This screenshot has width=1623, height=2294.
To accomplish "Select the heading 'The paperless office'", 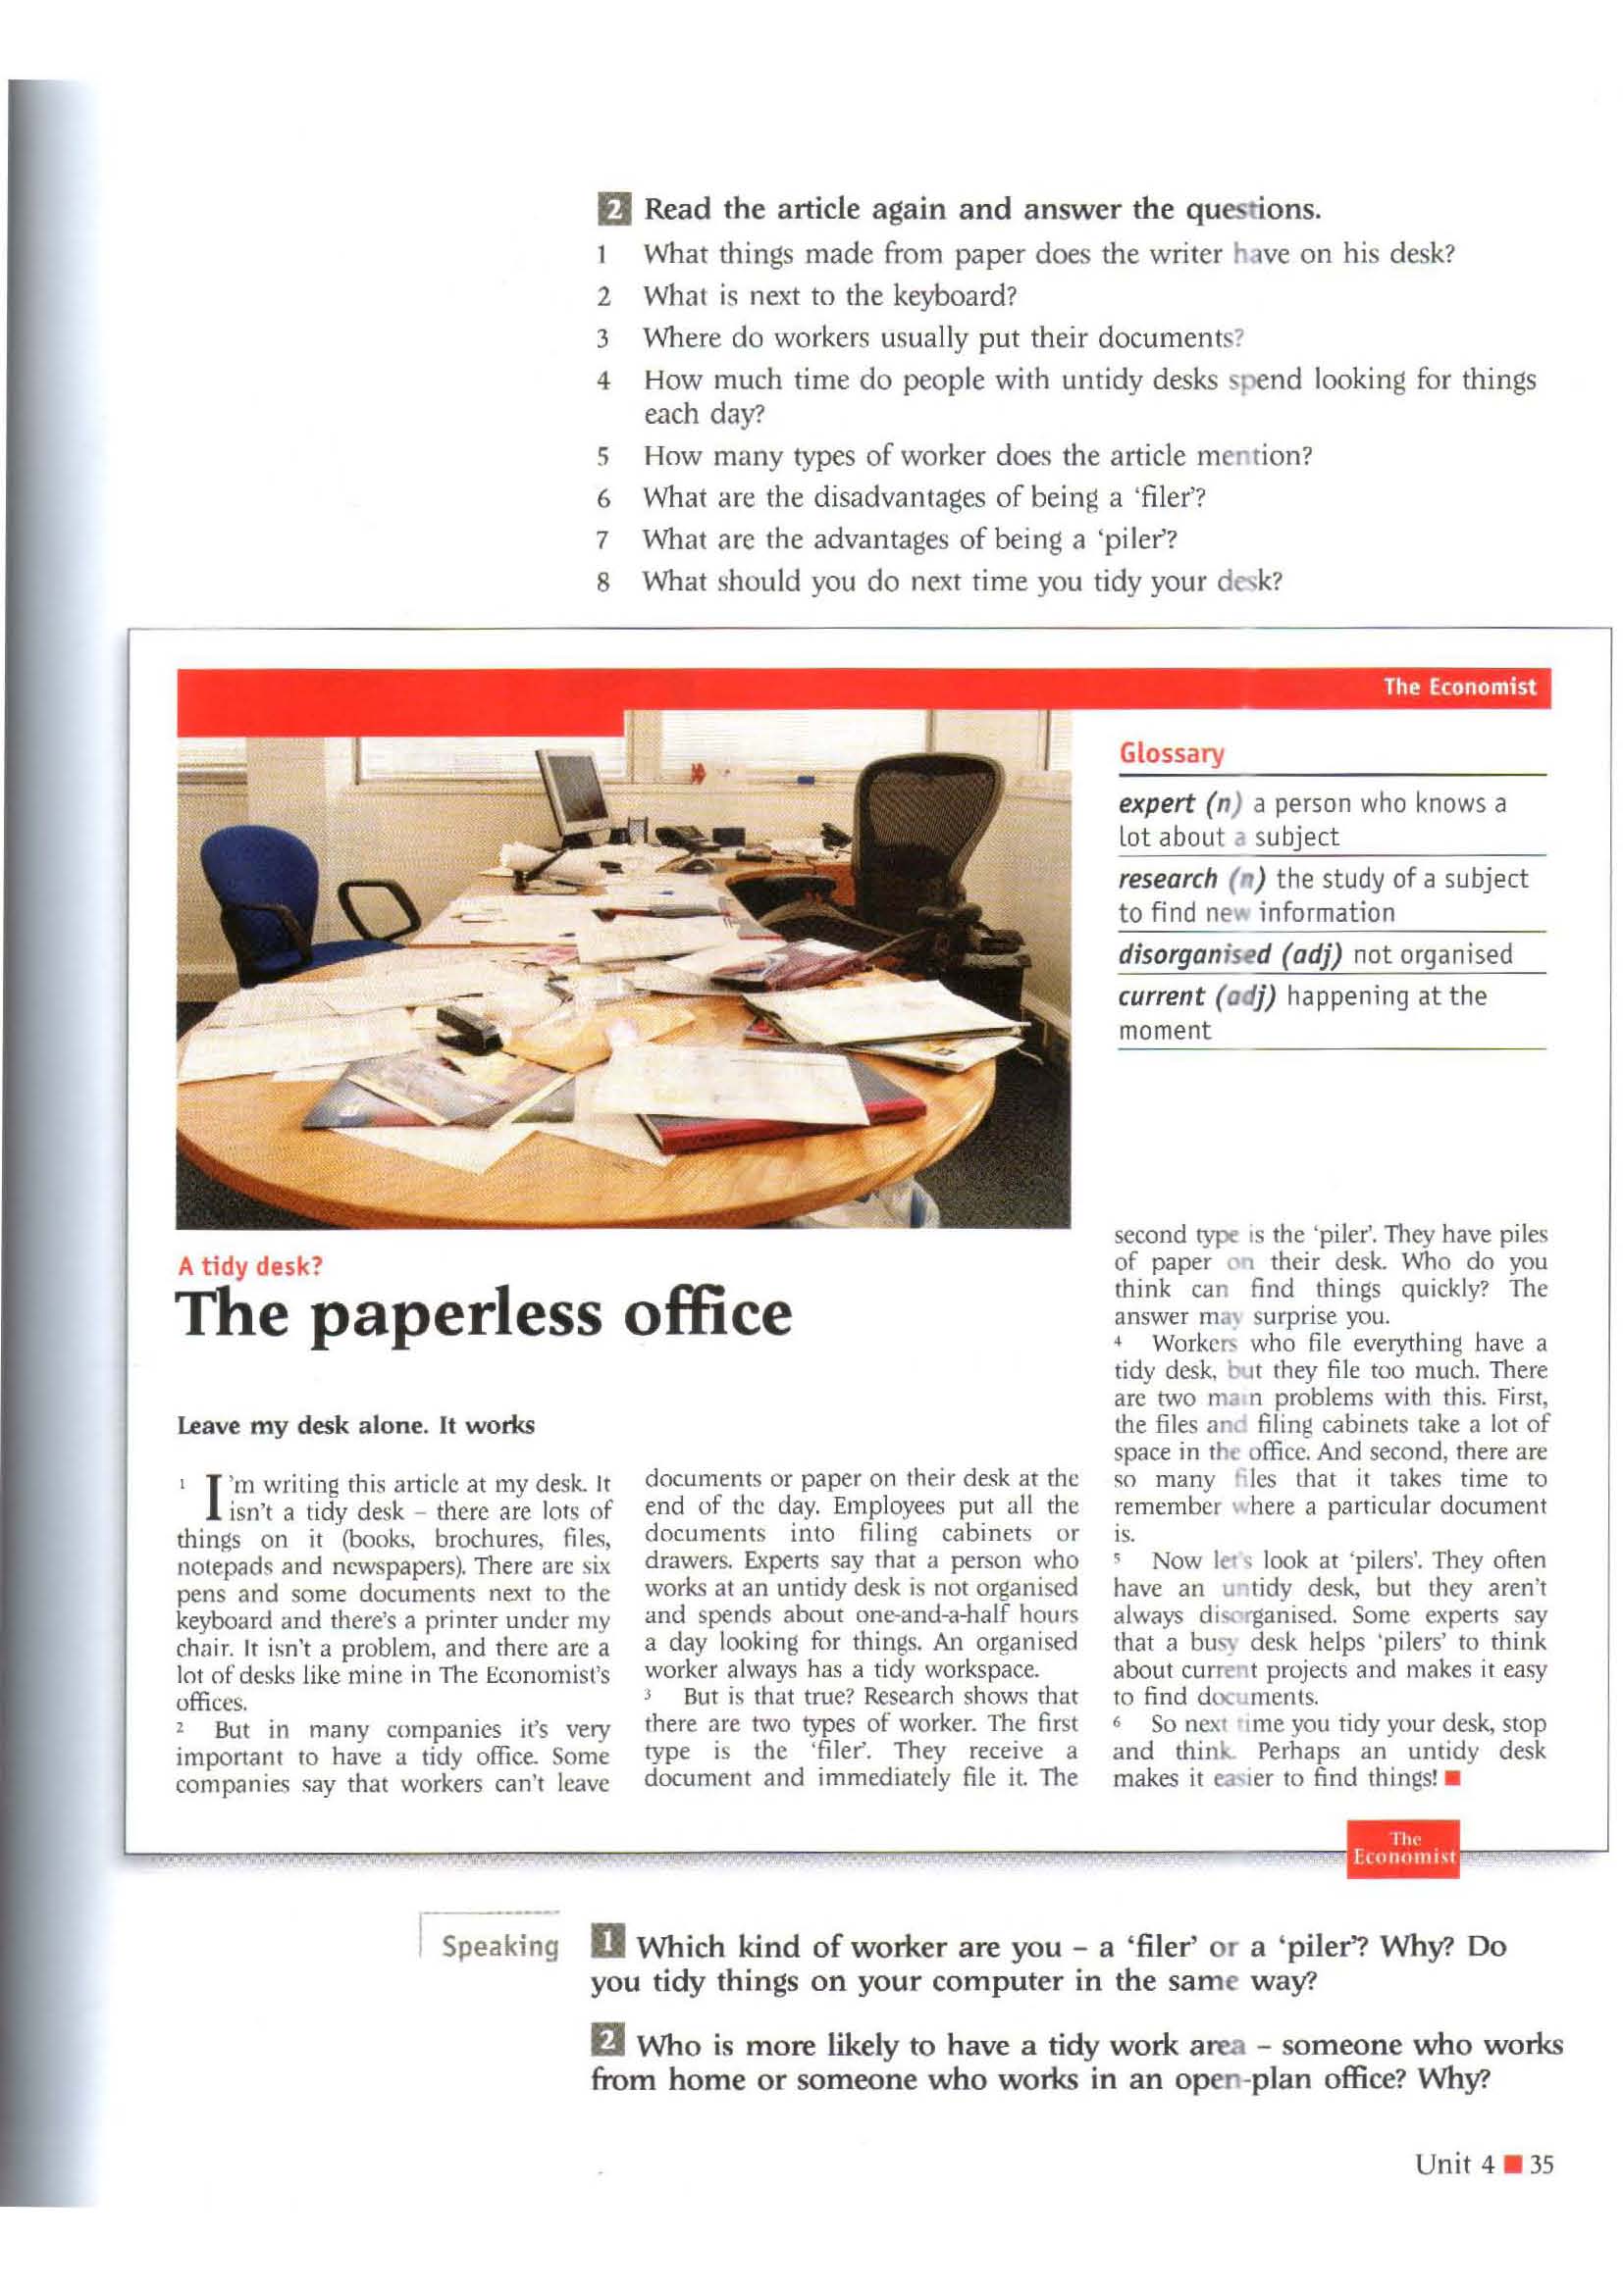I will click(x=484, y=1315).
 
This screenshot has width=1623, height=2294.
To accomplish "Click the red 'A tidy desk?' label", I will click(x=250, y=1267).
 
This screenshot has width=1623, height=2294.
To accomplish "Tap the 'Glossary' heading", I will click(x=1172, y=753).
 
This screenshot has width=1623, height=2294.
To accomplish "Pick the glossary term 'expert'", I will click(x=1156, y=803).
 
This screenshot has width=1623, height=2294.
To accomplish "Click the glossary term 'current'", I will click(x=1160, y=996).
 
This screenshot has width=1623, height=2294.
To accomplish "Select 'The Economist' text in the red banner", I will click(x=1459, y=687).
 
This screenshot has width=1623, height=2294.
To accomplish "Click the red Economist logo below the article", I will click(x=1403, y=1849).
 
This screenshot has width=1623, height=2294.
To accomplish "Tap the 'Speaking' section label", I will click(x=499, y=1946).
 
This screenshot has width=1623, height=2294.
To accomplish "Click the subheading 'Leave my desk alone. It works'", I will click(x=356, y=1425).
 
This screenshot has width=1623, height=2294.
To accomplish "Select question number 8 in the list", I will click(x=602, y=582).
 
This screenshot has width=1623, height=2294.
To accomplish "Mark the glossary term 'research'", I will click(x=1168, y=879).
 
